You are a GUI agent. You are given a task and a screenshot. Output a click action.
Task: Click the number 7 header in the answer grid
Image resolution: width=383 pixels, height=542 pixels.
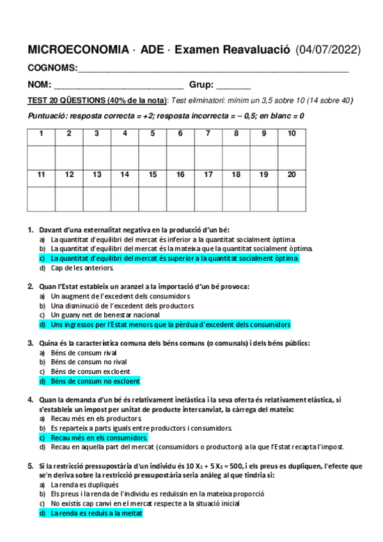click(208, 134)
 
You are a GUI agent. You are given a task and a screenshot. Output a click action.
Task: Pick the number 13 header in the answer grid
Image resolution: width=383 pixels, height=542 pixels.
click(97, 174)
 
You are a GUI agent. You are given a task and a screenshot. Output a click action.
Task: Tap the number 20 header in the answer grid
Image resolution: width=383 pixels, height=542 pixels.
click(292, 174)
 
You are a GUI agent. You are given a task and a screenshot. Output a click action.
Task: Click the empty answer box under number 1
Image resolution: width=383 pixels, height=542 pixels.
click(42, 157)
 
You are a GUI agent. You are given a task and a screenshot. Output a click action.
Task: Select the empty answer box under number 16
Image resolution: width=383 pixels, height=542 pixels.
click(180, 198)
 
